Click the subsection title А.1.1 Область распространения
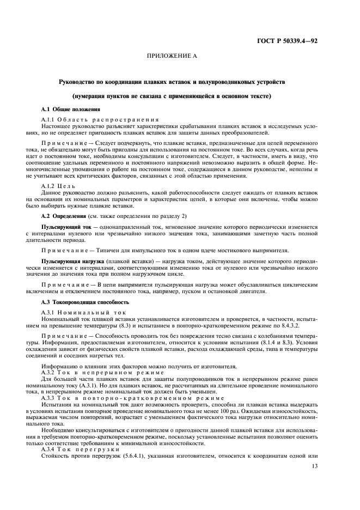[x=100, y=119]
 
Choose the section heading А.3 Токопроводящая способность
[x=85, y=301]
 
